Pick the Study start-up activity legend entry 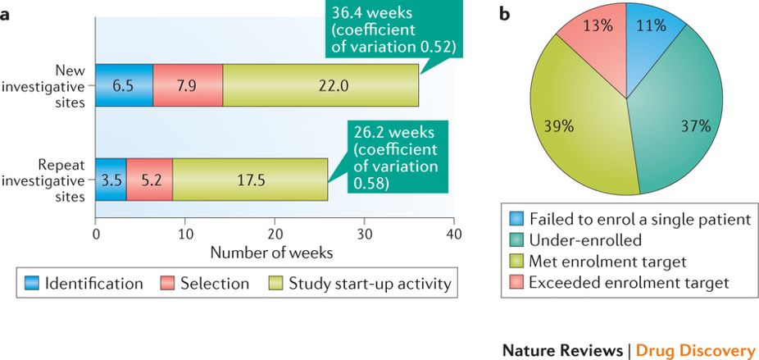(x=360, y=284)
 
